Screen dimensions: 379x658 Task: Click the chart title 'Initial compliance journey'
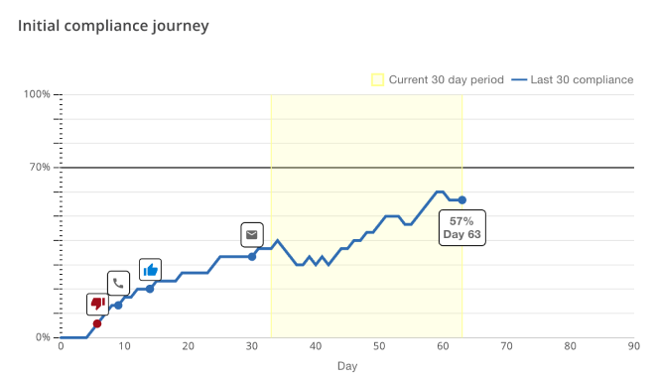(113, 26)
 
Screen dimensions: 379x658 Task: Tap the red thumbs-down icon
(97, 304)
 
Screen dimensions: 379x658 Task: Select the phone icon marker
(118, 284)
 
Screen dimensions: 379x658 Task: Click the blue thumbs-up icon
(150, 269)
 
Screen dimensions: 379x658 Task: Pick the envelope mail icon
(252, 235)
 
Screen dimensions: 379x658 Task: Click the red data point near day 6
(96, 323)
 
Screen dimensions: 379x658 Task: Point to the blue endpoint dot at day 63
(462, 200)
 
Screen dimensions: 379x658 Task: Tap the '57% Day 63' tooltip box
(462, 227)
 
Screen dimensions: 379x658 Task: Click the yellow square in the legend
(377, 79)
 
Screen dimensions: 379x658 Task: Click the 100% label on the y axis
(37, 94)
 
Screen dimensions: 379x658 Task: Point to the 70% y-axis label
(39, 167)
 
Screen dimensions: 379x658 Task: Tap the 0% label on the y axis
(43, 337)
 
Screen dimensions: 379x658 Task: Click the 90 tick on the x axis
(633, 346)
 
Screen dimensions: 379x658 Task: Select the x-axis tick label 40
(315, 346)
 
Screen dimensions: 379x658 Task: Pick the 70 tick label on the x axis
(506, 346)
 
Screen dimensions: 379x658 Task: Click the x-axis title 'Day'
(346, 366)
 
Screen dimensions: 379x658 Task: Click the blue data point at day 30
(252, 257)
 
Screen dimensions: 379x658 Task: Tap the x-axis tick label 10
(124, 346)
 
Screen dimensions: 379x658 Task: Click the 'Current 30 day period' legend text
(447, 79)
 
